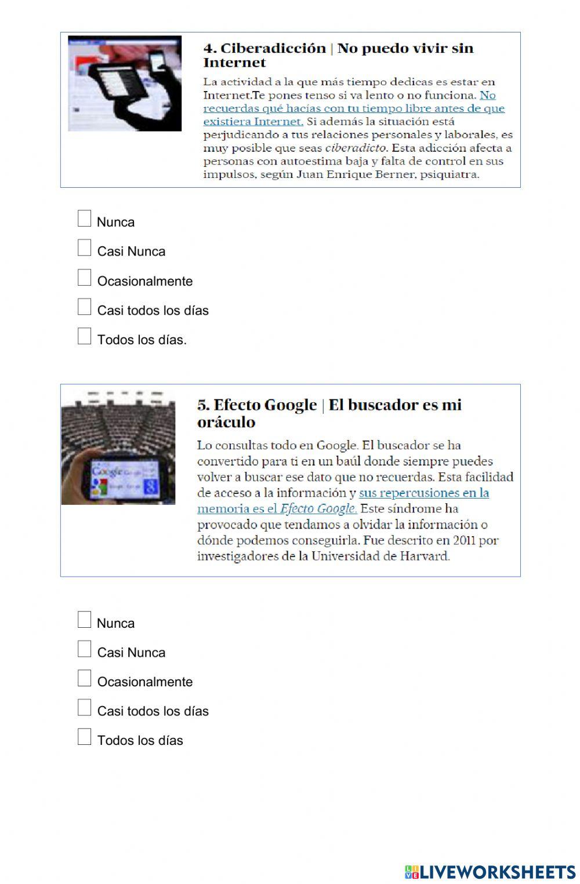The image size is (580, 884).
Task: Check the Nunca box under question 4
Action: tap(85, 219)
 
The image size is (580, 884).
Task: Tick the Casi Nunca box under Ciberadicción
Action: tap(85, 248)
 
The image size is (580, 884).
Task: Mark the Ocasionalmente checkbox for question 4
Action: tap(85, 278)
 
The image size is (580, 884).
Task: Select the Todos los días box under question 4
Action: tap(85, 336)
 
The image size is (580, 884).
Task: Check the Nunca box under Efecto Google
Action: tap(85, 620)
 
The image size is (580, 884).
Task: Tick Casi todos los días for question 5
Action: tap(85, 708)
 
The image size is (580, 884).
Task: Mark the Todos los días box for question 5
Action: tap(85, 737)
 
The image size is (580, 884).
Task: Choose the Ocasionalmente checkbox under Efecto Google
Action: tap(85, 678)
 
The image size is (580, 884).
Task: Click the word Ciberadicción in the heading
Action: tap(273, 48)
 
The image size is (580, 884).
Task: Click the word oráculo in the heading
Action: tap(226, 422)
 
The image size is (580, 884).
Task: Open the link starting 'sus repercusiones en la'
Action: tap(423, 493)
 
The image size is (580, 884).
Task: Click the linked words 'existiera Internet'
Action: tap(253, 122)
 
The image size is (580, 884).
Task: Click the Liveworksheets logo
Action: tap(490, 872)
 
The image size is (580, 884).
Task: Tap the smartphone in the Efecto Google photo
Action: tap(125, 479)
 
